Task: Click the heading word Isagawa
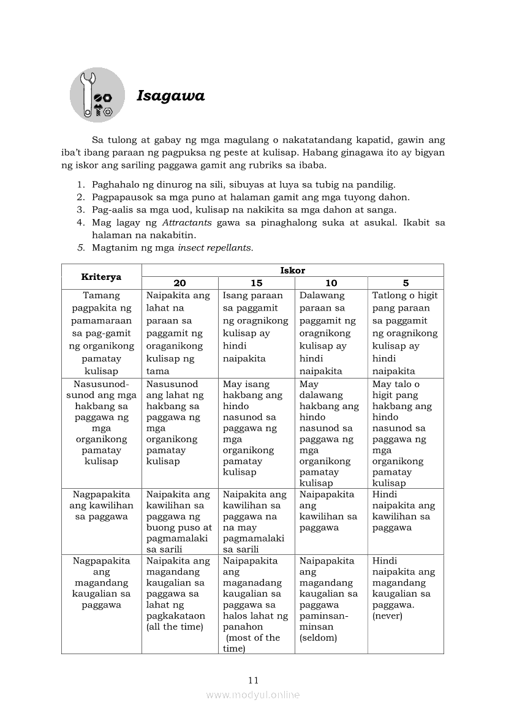[x=170, y=96]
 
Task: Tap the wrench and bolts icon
[x=97, y=95]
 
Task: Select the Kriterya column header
[x=101, y=277]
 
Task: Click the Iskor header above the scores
[x=292, y=270]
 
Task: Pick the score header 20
[x=179, y=283]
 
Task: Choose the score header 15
[x=256, y=283]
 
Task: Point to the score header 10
[x=331, y=283]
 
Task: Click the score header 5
[x=406, y=283]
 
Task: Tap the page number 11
[x=253, y=680]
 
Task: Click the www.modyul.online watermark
[x=253, y=695]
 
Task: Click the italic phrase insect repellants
[x=215, y=248]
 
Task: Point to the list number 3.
[x=80, y=209]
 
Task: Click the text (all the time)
[x=175, y=627]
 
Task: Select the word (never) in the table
[x=387, y=616]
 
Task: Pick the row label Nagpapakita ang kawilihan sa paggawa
[x=101, y=505]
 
